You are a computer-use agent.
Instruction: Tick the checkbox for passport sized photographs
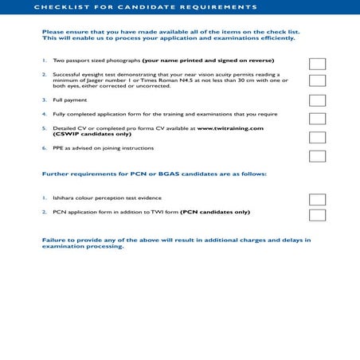pos(317,64)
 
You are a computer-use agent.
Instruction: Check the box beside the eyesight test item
pos(317,81)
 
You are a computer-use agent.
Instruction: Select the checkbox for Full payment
pos(317,101)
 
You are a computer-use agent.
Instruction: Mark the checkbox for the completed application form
pos(317,119)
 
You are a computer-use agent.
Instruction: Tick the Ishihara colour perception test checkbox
pos(317,200)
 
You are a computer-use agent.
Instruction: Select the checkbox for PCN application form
pos(317,215)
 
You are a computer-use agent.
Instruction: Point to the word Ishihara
pos(63,198)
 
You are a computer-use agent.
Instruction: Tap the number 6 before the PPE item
pos(44,147)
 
